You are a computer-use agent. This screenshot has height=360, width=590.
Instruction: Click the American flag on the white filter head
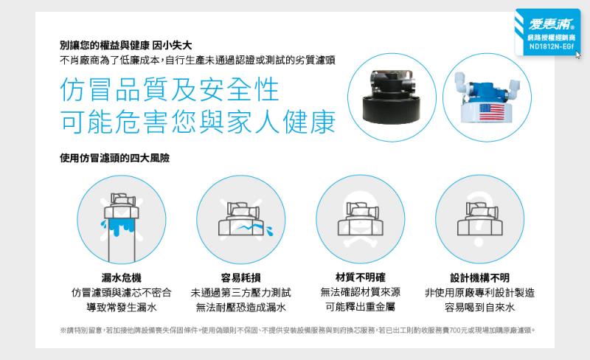[492, 112]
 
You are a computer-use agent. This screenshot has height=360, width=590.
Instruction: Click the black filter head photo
[392, 97]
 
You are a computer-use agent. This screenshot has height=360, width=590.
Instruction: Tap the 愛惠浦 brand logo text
[551, 24]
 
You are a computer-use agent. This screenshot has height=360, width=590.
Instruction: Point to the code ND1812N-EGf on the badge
[551, 46]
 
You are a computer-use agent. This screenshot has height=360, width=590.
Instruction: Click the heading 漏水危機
[121, 278]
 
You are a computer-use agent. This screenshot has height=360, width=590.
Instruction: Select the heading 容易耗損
[241, 278]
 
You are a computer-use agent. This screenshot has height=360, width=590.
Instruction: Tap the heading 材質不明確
[360, 277]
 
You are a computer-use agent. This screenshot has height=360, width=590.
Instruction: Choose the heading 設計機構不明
[480, 278]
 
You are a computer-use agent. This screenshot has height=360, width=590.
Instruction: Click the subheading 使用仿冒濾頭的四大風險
[114, 158]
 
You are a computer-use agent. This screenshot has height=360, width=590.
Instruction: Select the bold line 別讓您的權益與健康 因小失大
[125, 45]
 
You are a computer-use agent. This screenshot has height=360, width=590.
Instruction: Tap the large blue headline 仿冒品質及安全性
[170, 89]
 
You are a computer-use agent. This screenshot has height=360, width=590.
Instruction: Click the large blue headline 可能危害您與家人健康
[198, 122]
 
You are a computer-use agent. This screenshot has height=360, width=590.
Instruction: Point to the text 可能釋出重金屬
[360, 307]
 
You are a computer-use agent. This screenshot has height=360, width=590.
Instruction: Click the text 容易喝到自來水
[480, 308]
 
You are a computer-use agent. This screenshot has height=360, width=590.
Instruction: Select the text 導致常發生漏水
[121, 308]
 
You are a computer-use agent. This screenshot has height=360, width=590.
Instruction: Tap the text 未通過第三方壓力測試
[241, 293]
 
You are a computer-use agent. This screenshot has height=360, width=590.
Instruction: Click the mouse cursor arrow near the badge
[578, 55]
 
